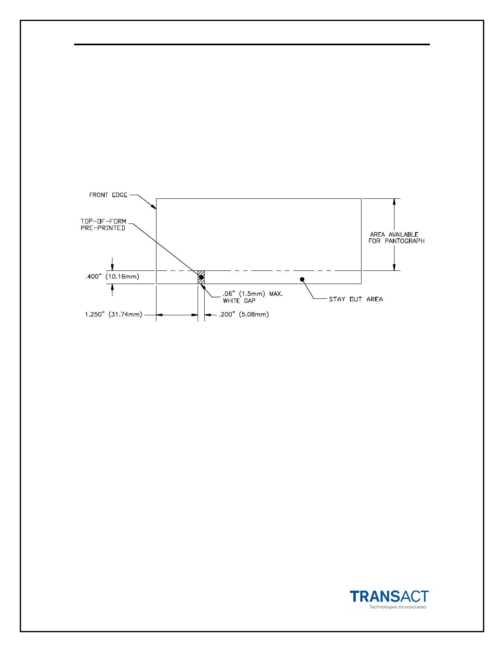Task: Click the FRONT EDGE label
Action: pos(108,195)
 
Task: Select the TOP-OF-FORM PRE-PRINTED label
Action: pos(103,224)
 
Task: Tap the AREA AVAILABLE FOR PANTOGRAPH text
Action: pos(396,238)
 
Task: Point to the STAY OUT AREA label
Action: pos(356,299)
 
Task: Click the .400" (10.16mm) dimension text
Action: pos(112,277)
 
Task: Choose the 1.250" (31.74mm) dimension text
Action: pos(114,314)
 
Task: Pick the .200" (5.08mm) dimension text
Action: pos(244,314)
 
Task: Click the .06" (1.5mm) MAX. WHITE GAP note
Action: pos(252,297)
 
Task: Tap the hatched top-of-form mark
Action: pos(201,277)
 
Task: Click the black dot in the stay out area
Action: pos(302,279)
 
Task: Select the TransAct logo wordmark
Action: pos(389,596)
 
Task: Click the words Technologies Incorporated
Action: pos(397,607)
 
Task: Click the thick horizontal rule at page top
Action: pos(252,44)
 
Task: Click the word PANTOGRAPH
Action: pos(404,241)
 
